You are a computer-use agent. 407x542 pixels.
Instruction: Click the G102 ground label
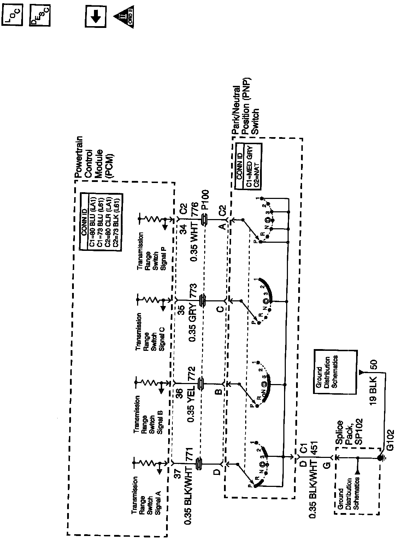pyautogui.click(x=390, y=441)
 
